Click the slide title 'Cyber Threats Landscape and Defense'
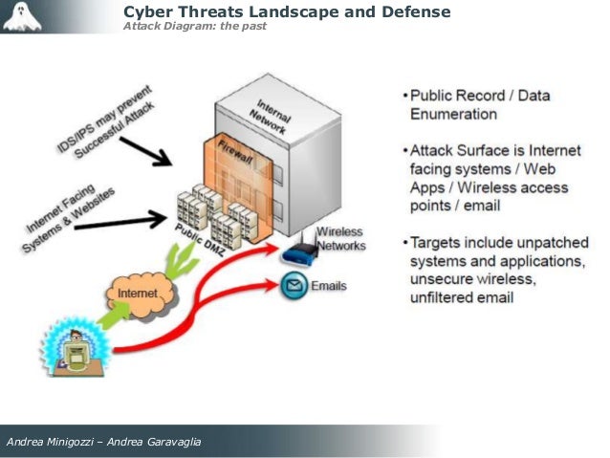pos(287,11)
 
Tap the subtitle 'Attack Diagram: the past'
pos(195,26)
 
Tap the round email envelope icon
pos(293,285)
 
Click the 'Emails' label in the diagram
pos(329,285)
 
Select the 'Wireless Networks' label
pos(340,238)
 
